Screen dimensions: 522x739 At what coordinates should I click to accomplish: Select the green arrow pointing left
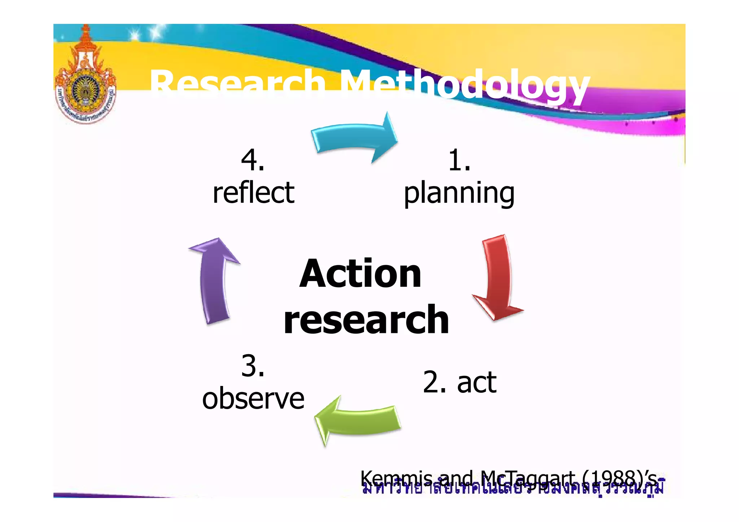pos(357,420)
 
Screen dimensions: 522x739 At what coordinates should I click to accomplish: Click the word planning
pos(459,194)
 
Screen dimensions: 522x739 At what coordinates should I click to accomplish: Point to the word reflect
pos(253,193)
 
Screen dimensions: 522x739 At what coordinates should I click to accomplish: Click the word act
pos(477,382)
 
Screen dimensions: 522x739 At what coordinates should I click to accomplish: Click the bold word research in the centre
pos(366,320)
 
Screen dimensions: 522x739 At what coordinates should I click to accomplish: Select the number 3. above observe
pos(253,366)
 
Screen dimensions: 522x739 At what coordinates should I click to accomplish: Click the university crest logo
pos(86,79)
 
